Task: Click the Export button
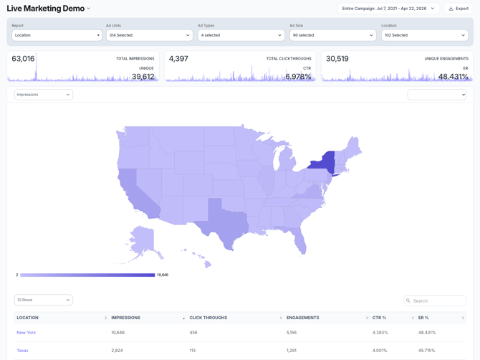(458, 9)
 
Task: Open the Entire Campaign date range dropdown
(388, 9)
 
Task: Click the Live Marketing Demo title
(45, 9)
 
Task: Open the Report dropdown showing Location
(57, 35)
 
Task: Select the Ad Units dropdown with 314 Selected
(149, 35)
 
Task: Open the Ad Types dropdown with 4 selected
(241, 35)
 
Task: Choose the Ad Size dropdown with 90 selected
(332, 35)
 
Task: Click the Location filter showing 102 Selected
(424, 35)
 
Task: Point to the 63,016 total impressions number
(23, 59)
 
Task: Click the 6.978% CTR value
(298, 77)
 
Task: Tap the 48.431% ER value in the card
(453, 77)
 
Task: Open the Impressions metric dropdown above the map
(44, 95)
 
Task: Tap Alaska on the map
(142, 240)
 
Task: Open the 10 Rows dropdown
(44, 300)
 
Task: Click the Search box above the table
(435, 300)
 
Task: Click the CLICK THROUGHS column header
(208, 318)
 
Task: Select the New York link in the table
(27, 333)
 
